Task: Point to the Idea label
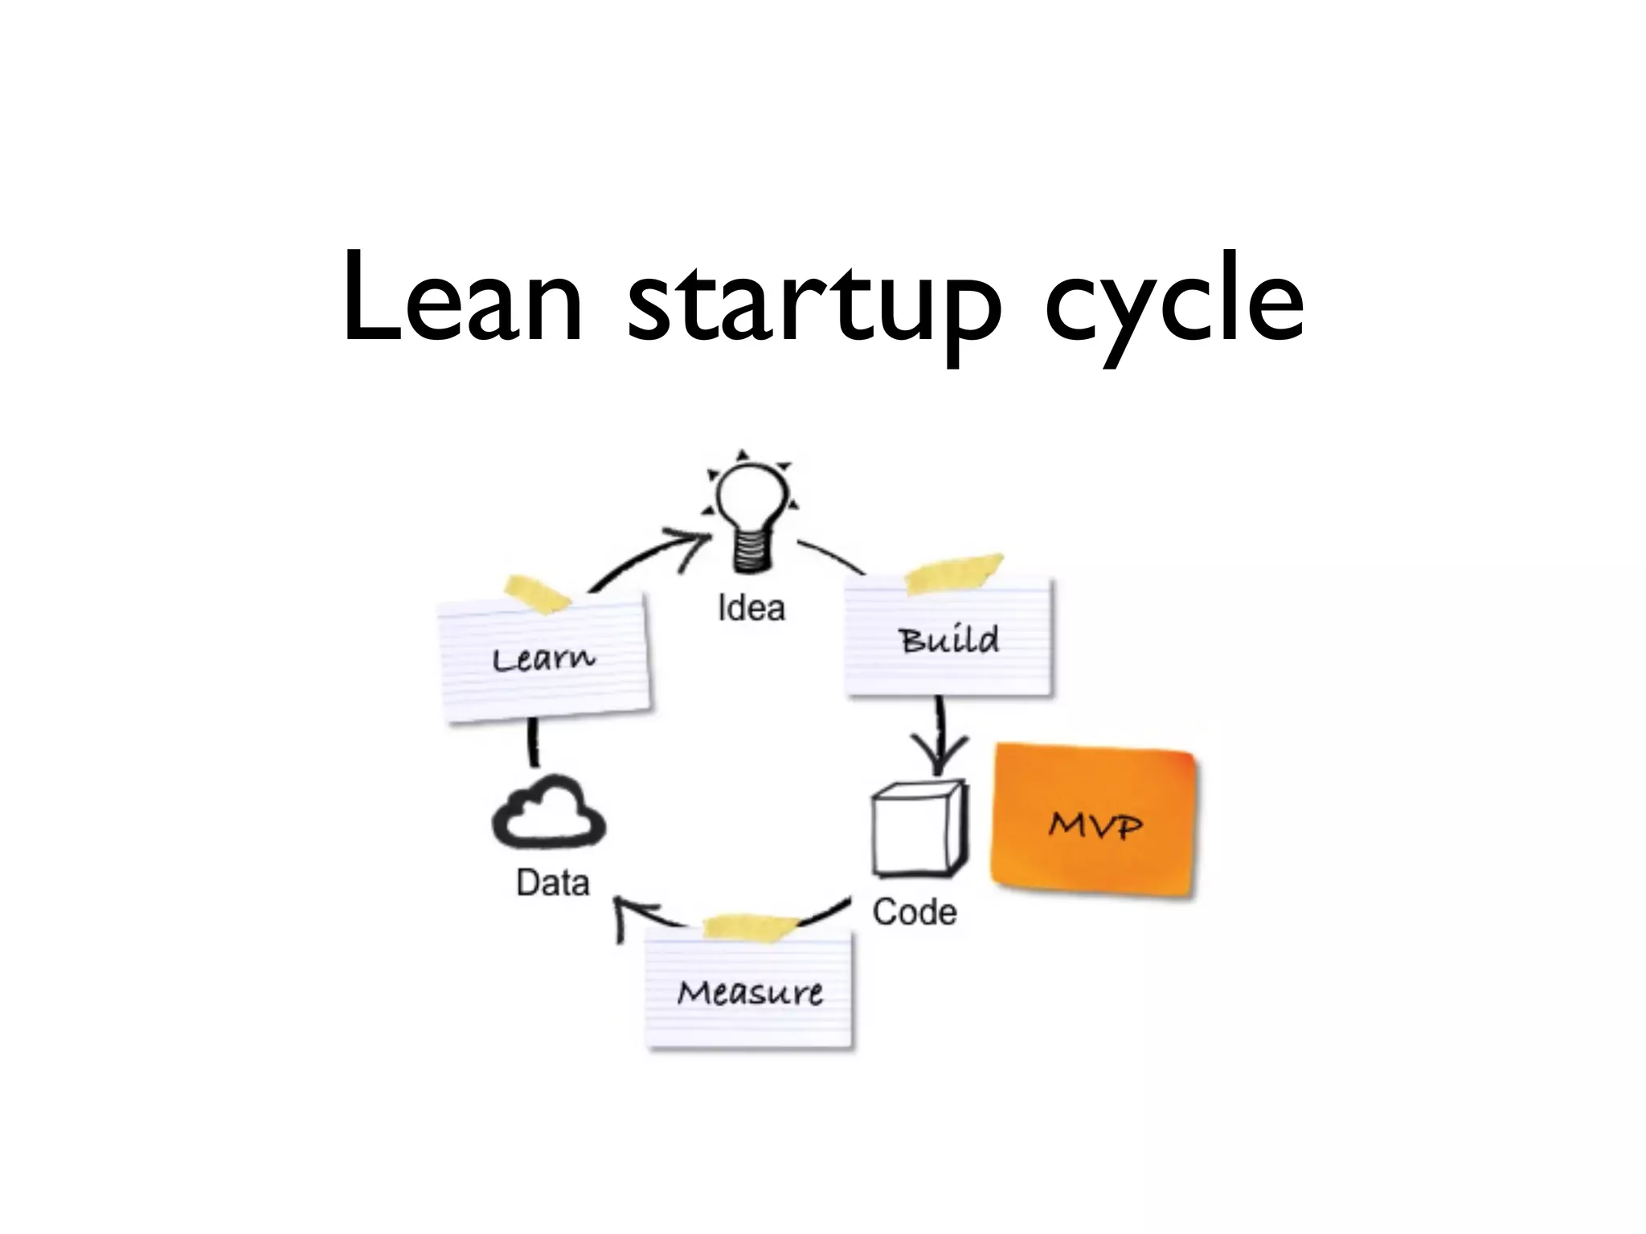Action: (x=751, y=608)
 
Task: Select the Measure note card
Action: (x=749, y=993)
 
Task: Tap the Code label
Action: (x=915, y=913)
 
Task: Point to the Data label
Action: (x=553, y=883)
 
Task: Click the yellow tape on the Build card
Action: (x=954, y=572)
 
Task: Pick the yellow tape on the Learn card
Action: (x=536, y=595)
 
